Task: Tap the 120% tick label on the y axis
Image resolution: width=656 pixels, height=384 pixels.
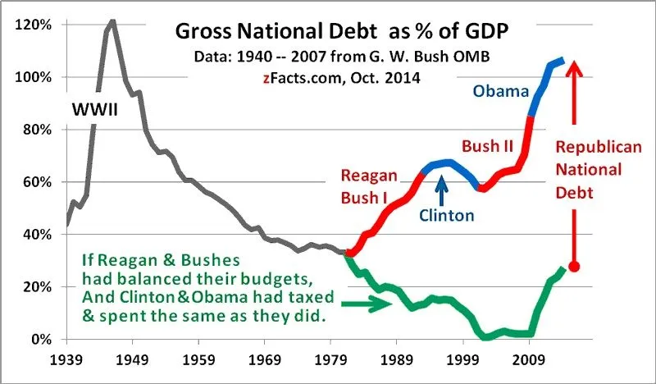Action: point(34,25)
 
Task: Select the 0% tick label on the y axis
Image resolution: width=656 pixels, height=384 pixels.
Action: point(41,339)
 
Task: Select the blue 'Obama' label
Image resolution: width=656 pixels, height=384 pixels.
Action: point(501,90)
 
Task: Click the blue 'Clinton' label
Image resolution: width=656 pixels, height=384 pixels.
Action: point(447,216)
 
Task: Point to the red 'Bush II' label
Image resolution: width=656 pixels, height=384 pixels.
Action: point(488,146)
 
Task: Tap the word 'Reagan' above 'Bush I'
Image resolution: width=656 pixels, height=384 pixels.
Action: point(370,177)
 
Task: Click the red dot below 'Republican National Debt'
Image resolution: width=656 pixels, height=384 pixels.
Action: point(575,267)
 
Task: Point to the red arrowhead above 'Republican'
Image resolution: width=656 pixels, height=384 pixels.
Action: point(575,66)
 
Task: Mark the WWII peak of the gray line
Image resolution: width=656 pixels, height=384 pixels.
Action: point(112,21)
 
